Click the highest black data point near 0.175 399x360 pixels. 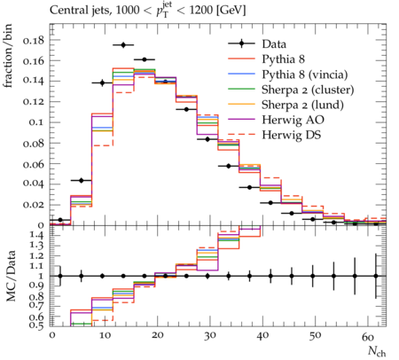[x=123, y=45]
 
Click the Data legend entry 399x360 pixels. [x=274, y=44]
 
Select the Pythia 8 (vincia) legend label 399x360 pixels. [x=305, y=74]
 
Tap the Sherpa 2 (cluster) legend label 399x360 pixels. [x=308, y=90]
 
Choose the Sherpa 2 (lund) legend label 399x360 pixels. [x=302, y=105]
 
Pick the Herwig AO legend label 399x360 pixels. [x=293, y=120]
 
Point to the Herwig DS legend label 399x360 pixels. [x=292, y=135]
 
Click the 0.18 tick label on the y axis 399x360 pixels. [x=34, y=40]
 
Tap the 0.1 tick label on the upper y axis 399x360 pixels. [x=36, y=122]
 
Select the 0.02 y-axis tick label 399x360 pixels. [x=34, y=205]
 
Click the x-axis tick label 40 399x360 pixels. [x=262, y=336]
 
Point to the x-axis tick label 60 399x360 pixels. [x=368, y=336]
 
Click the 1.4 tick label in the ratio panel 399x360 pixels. [x=37, y=236]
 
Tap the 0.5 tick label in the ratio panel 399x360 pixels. [x=37, y=325]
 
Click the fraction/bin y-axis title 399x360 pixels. [x=8, y=56]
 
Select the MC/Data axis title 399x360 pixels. [x=11, y=276]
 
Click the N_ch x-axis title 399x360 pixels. [x=377, y=351]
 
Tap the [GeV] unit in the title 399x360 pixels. [x=231, y=11]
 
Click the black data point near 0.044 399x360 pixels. [x=82, y=180]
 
